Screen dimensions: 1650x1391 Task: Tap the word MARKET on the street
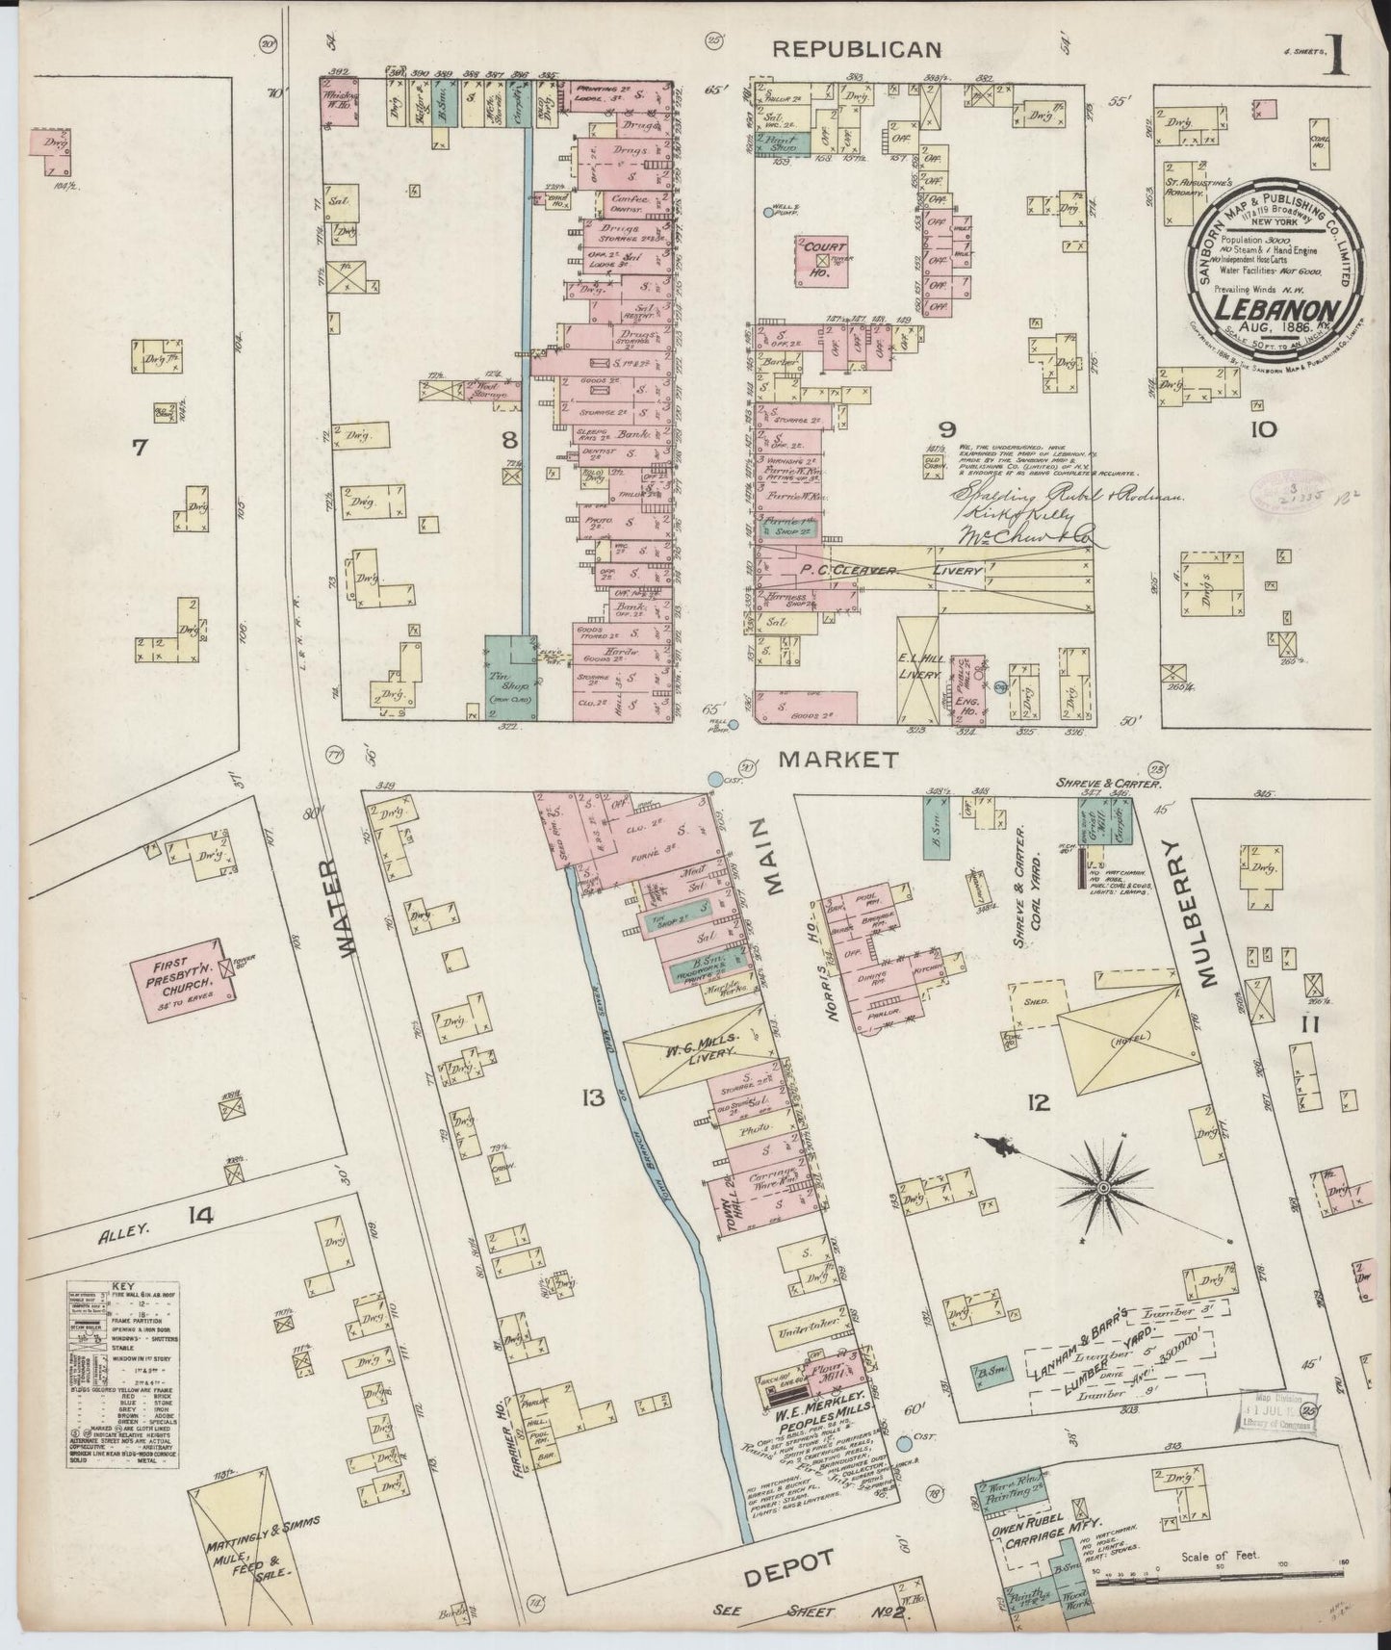tap(838, 760)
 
